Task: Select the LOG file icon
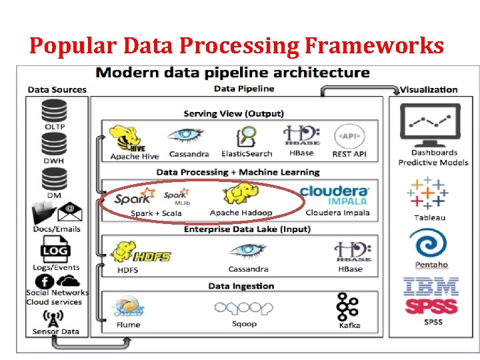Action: pos(55,252)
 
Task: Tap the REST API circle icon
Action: pos(349,136)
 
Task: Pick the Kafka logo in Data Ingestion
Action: pos(348,307)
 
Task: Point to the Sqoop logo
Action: pos(244,308)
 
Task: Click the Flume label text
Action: pos(128,325)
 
